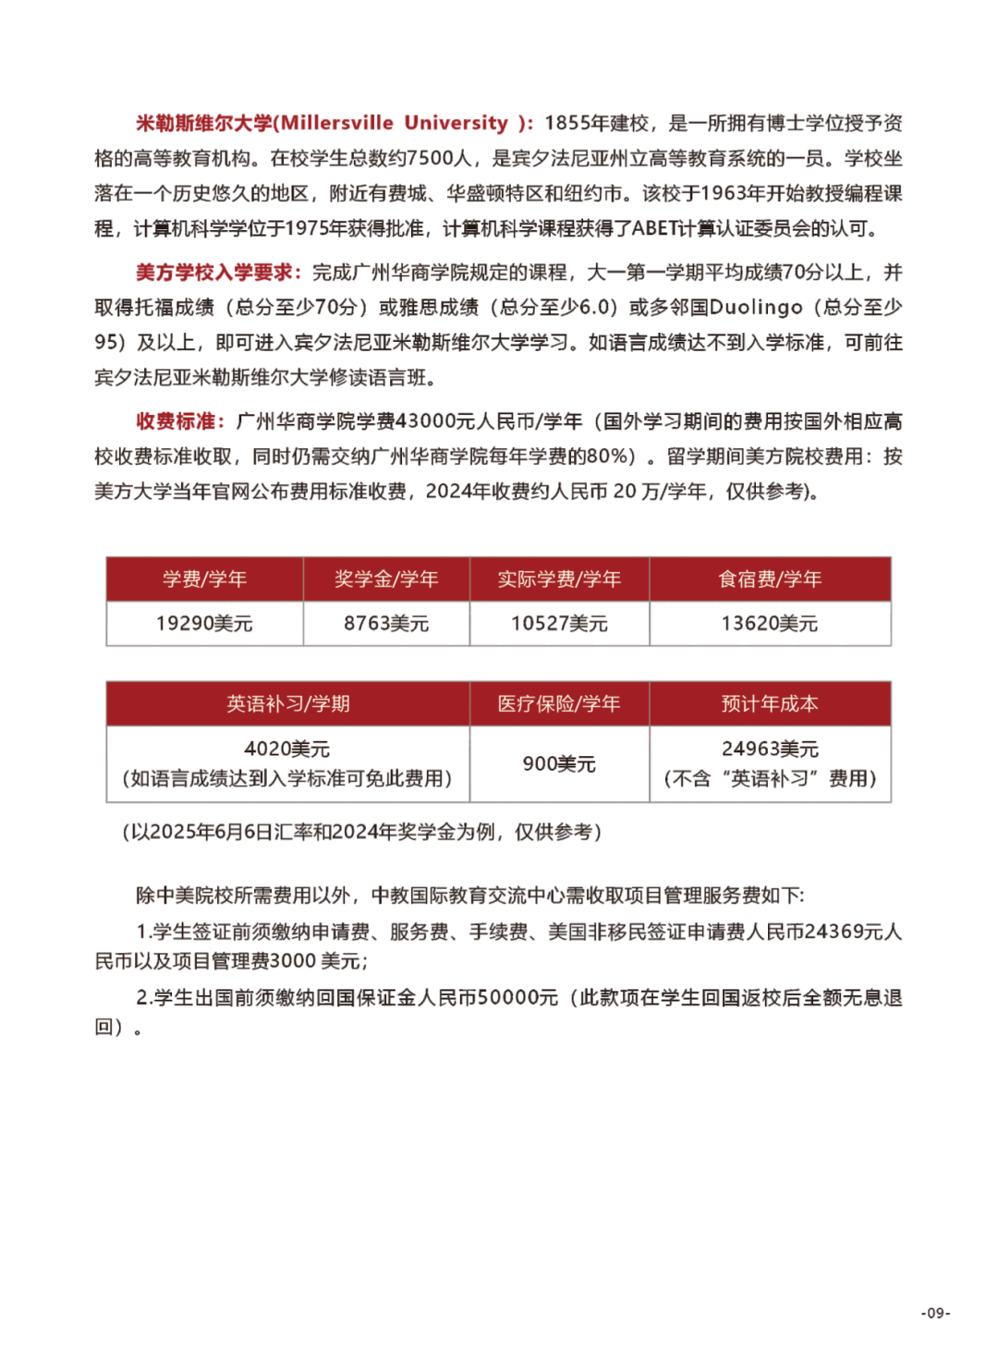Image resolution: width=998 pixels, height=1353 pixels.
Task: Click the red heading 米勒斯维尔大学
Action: point(204,123)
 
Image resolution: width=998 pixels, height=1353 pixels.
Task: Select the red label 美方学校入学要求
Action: point(214,273)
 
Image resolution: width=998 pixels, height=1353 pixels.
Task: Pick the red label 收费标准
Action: point(176,421)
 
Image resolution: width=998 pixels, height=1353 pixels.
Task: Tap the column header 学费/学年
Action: point(204,579)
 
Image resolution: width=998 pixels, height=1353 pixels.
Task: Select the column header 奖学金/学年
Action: point(386,579)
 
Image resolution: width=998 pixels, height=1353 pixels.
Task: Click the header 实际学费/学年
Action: point(559,579)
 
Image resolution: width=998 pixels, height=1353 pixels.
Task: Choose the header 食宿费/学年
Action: point(770,579)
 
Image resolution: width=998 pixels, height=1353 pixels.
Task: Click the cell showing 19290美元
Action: point(204,624)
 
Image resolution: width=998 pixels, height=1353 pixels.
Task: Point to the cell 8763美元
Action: point(386,624)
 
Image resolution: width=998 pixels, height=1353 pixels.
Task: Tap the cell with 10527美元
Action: point(559,624)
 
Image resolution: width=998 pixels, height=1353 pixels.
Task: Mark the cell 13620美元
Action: point(770,624)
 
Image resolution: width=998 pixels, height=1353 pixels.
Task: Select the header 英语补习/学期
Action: point(287,704)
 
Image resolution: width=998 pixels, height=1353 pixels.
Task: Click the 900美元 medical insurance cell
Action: point(559,763)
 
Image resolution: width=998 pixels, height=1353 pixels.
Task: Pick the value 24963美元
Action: point(770,750)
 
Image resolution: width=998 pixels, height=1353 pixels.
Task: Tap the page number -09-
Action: point(935,1312)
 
